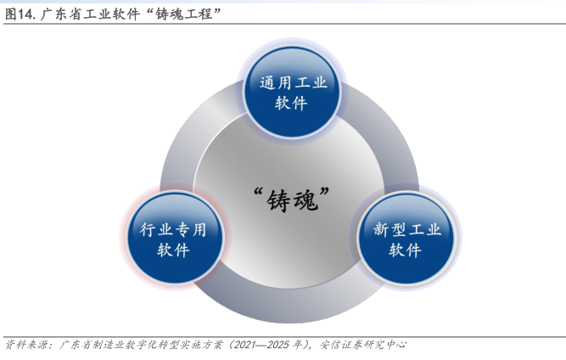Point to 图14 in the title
[x=20, y=13]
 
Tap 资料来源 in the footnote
[x=26, y=345]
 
